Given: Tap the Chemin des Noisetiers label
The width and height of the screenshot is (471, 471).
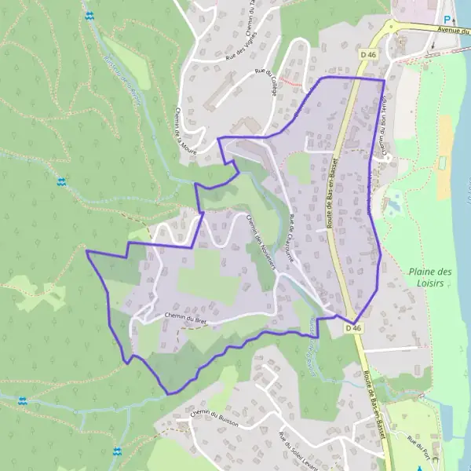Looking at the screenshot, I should (258, 243).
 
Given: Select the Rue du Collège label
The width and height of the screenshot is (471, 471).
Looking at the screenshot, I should (267, 82).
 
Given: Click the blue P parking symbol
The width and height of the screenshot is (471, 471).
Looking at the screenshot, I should (447, 20).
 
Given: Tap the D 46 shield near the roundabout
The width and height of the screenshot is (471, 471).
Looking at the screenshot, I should (369, 54).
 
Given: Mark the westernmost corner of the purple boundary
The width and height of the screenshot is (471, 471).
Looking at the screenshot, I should (86, 251).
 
